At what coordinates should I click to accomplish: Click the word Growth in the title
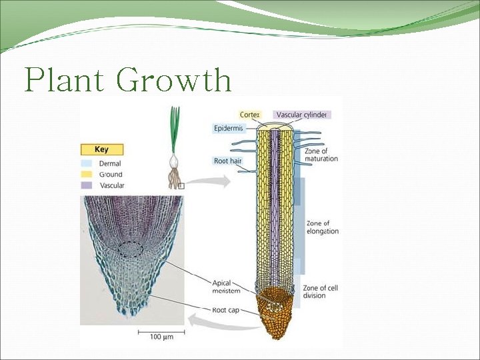[175, 81]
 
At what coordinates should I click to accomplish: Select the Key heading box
[101, 150]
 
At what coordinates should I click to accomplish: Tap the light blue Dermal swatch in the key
[86, 163]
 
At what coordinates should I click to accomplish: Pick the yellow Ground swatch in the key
[86, 174]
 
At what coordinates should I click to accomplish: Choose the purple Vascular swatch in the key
[86, 185]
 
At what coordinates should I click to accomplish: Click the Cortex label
[250, 115]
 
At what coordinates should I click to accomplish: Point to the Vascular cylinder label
[301, 115]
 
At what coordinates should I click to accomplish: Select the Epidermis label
[228, 128]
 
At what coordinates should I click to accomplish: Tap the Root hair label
[227, 161]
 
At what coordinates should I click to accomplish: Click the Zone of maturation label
[321, 155]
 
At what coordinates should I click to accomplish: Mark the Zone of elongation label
[322, 227]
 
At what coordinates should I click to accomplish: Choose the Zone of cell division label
[320, 291]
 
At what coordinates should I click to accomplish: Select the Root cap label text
[225, 310]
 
